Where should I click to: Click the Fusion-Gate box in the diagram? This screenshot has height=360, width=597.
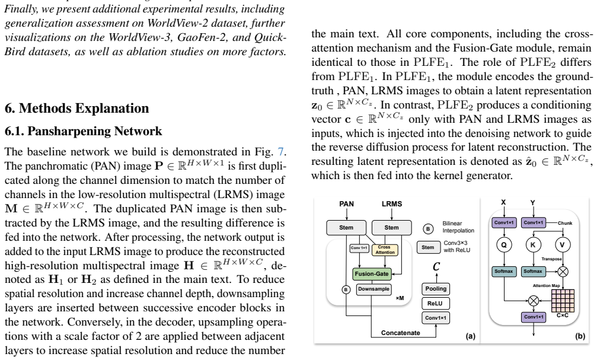point(372,274)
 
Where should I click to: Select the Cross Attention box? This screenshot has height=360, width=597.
point(385,250)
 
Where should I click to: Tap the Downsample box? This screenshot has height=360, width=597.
point(374,289)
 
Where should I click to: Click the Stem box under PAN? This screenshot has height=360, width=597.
point(346,227)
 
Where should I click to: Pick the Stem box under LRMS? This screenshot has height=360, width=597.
point(391,227)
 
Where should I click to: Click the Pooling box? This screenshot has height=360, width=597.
point(436,289)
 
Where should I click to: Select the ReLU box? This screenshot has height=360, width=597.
point(436,304)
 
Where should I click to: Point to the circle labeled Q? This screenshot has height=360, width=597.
point(504,244)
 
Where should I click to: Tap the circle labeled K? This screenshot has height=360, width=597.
point(533,244)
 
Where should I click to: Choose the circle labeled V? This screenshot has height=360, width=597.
point(563,244)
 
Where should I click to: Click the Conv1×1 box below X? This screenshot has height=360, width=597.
point(504,222)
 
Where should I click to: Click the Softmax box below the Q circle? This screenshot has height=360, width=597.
point(504,271)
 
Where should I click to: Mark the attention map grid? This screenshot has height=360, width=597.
point(563,301)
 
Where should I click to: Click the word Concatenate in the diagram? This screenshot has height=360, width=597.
point(401,333)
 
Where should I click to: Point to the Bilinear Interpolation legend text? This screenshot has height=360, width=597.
point(458,227)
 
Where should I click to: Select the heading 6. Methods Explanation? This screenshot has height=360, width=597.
point(76,108)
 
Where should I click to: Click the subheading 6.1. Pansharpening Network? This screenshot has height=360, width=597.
point(84,131)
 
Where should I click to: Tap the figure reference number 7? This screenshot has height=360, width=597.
point(280,152)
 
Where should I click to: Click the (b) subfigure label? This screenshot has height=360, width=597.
point(580,336)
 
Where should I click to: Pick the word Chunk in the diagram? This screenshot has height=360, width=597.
point(565,223)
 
